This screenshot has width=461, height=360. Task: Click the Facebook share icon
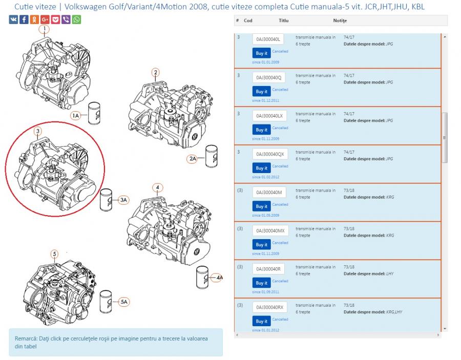click(24, 19)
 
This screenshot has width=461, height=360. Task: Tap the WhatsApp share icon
click(76, 19)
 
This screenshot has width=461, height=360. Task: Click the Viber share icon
click(66, 19)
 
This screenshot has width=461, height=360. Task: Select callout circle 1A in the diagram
click(76, 116)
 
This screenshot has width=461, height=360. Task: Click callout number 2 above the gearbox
click(156, 72)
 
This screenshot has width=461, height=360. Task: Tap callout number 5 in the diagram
click(54, 254)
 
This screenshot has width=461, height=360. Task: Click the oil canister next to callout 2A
click(212, 156)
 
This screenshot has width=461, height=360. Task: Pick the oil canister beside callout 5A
click(106, 302)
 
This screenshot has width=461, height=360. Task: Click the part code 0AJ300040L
click(268, 39)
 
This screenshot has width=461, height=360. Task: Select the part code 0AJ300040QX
click(270, 154)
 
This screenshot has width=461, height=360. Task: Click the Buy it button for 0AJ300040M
click(261, 206)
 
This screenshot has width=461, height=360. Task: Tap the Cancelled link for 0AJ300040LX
click(280, 128)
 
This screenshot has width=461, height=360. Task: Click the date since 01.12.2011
click(265, 100)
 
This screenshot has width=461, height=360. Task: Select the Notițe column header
click(340, 20)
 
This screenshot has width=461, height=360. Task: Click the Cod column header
click(248, 20)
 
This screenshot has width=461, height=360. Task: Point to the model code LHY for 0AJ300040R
click(390, 273)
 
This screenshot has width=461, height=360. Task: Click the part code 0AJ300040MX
click(270, 230)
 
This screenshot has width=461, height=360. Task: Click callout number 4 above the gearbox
click(158, 187)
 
